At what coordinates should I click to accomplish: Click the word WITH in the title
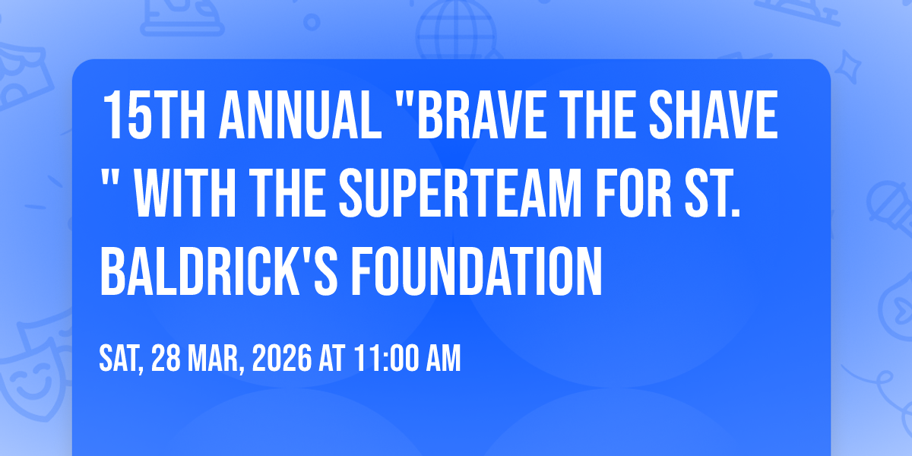[x=185, y=193]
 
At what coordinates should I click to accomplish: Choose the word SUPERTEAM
[x=460, y=193]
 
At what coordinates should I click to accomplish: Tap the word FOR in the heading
[x=633, y=193]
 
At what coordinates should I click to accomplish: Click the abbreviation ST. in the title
[x=712, y=193]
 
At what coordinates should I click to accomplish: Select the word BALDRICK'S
[x=219, y=271]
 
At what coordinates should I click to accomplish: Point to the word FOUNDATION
[x=477, y=271]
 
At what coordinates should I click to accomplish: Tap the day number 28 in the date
[x=166, y=358]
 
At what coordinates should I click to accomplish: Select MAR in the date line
[x=213, y=358]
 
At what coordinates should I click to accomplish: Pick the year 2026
[x=282, y=358]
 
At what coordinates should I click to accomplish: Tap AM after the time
[x=443, y=358]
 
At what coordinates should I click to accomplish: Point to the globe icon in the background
[x=456, y=29]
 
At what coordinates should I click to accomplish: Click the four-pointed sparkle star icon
[x=848, y=67]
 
